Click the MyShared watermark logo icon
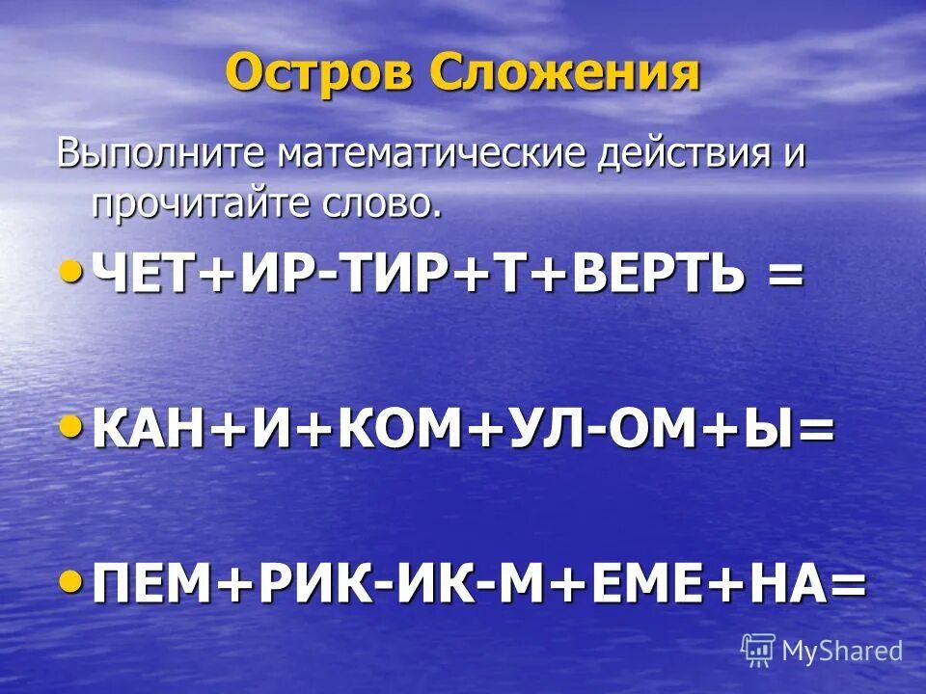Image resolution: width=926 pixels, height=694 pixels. tap(758, 650)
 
